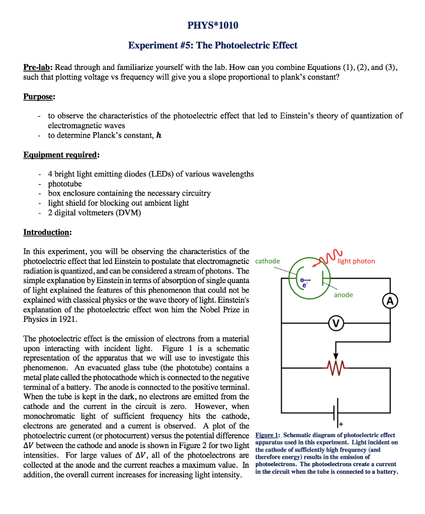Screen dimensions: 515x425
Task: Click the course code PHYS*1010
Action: [212, 26]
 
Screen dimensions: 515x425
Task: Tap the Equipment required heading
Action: [61, 155]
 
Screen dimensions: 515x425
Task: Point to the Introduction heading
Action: [47, 232]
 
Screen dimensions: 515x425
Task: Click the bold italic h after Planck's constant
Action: [159, 135]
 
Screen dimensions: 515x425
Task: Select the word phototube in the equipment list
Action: [65, 184]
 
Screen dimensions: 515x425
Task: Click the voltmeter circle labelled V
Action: [336, 322]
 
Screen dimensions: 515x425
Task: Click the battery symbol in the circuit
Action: [336, 410]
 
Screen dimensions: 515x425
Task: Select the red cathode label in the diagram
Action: [268, 261]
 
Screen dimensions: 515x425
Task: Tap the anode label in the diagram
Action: [343, 295]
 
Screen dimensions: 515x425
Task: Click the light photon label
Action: [356, 261]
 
